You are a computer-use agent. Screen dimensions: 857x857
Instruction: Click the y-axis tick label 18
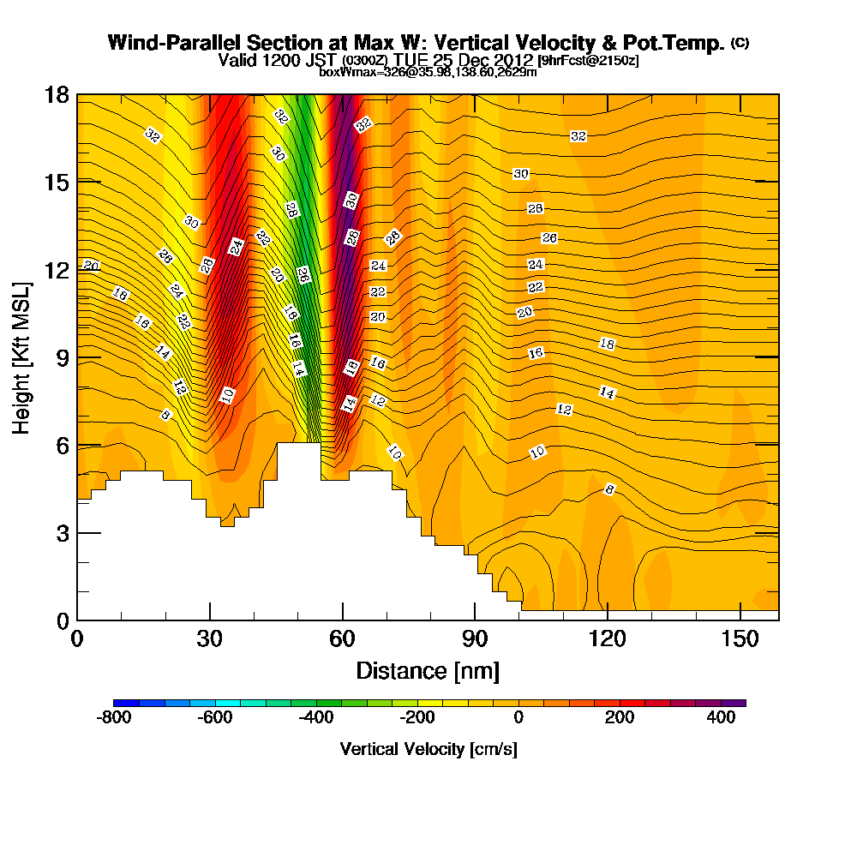coord(56,94)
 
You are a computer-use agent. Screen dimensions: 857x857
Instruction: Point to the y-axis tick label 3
coord(62,532)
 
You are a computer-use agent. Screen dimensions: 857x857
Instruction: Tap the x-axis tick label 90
coord(475,638)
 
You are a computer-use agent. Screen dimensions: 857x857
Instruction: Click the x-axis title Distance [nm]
coord(428,670)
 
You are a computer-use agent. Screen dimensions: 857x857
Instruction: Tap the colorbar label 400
coord(721,718)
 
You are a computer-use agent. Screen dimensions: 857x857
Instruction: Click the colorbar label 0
coord(518,718)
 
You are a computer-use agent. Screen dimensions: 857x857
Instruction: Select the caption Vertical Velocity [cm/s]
coord(428,749)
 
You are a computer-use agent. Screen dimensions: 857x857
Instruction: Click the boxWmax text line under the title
coord(428,72)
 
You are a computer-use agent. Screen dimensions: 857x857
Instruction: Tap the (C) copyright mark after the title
coord(740,42)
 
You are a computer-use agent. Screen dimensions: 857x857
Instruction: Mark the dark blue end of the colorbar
coord(118,703)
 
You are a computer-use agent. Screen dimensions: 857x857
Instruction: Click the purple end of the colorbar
coord(739,703)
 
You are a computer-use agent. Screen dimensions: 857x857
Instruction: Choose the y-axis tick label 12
coord(56,269)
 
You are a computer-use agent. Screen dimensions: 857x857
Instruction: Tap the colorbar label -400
coord(316,718)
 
